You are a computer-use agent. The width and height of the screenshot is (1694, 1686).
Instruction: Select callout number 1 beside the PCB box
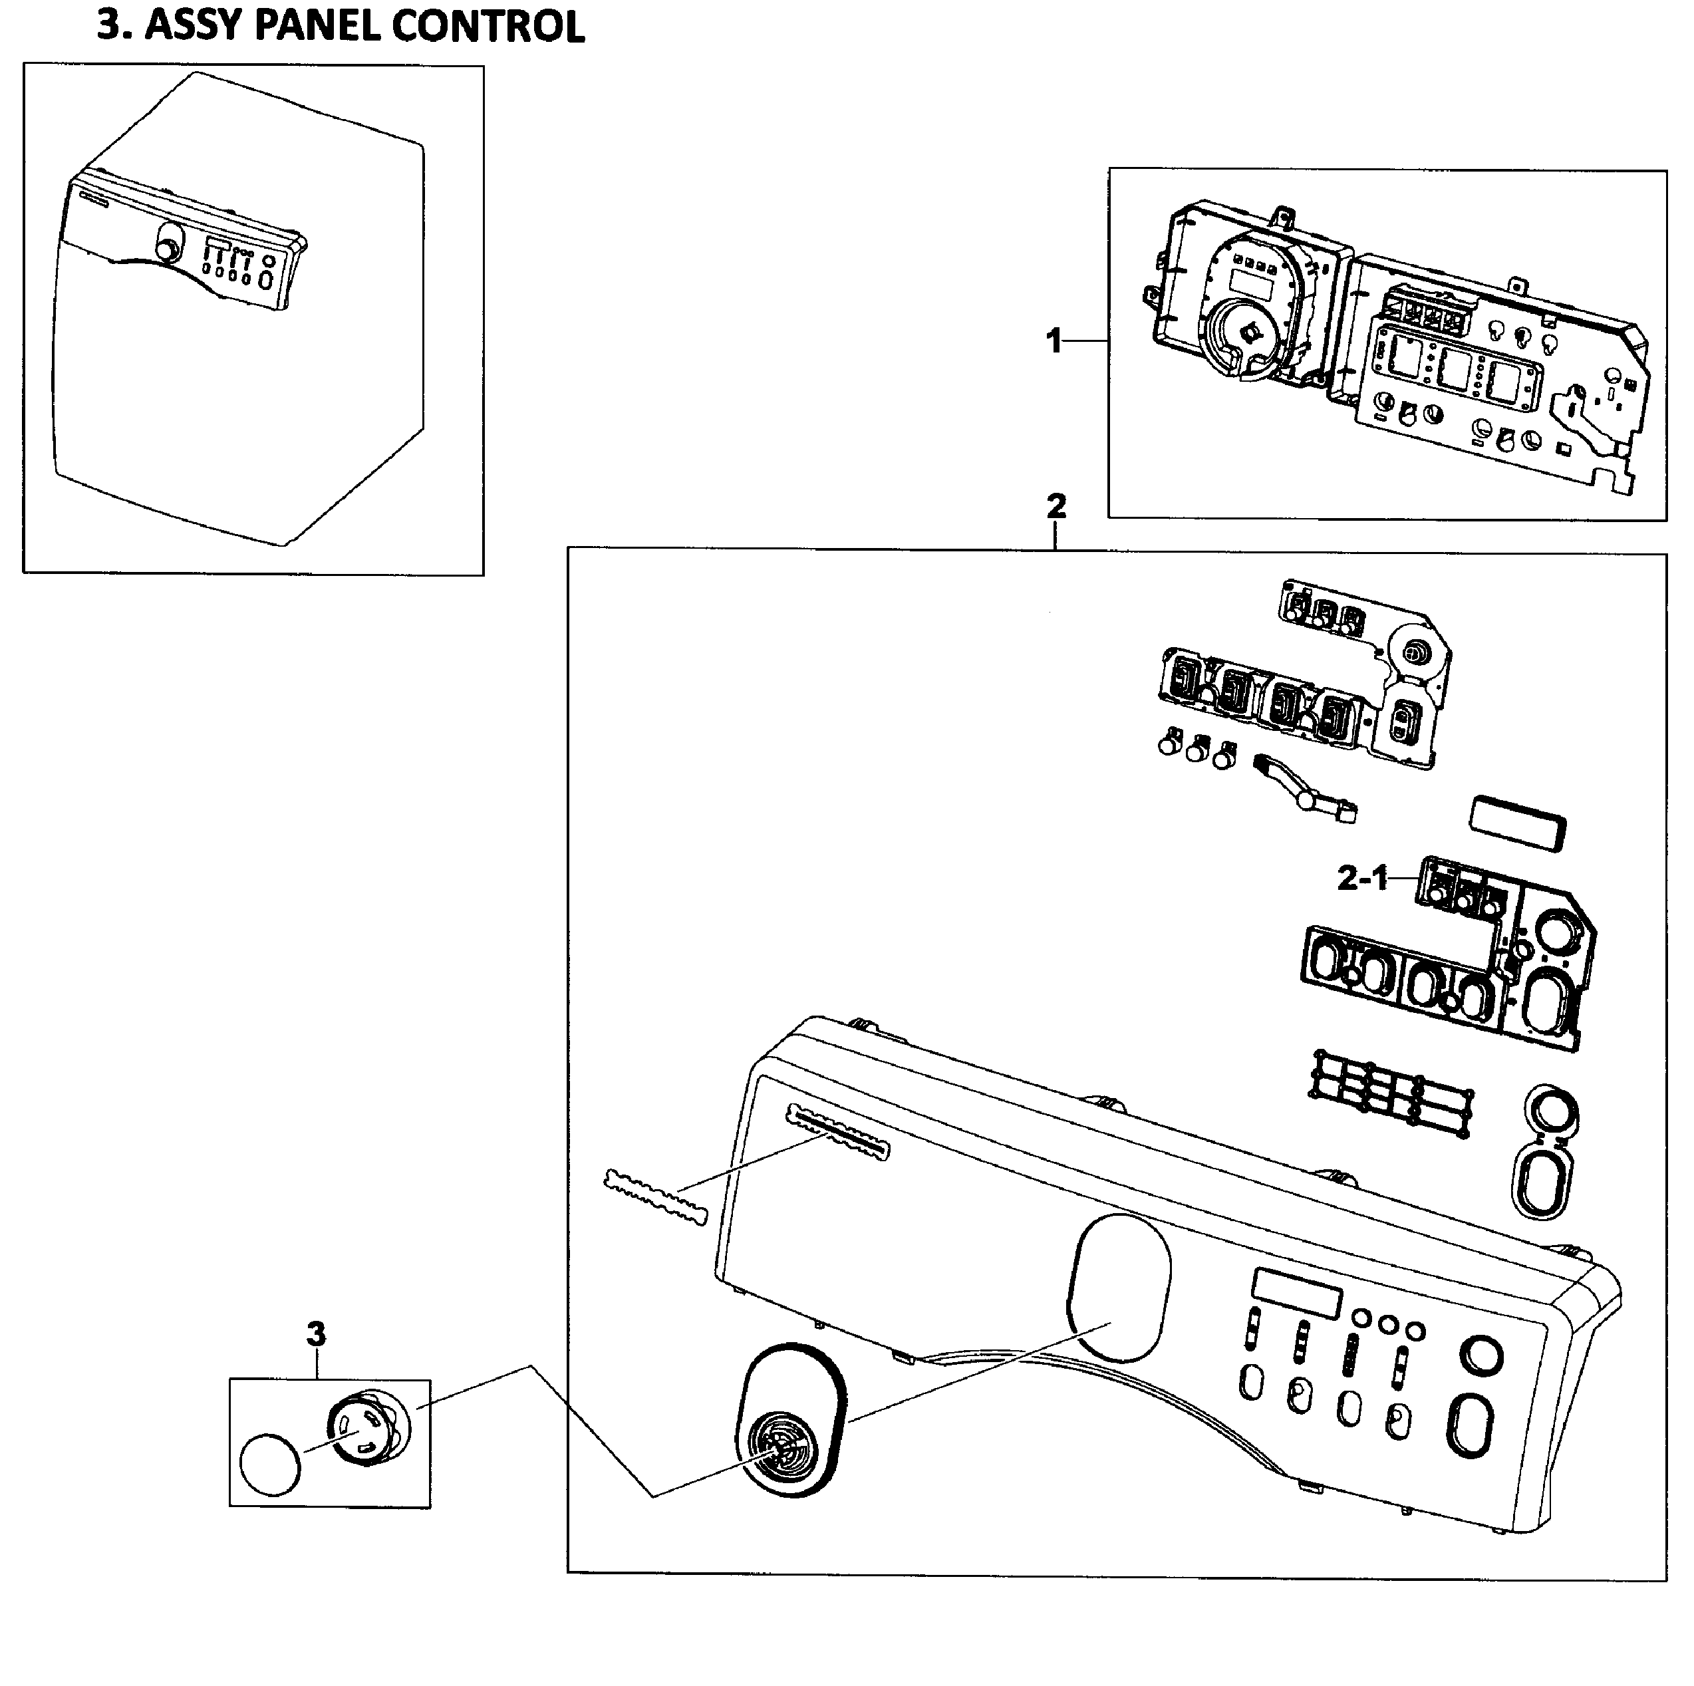[x=1054, y=340]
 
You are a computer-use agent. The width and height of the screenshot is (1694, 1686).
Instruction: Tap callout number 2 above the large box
[x=1057, y=506]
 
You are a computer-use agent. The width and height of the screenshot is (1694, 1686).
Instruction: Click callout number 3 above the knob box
[x=316, y=1334]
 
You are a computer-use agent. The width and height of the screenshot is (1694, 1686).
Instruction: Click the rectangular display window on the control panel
[x=1297, y=1294]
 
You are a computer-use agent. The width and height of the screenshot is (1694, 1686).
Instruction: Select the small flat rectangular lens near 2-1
[x=1517, y=823]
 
